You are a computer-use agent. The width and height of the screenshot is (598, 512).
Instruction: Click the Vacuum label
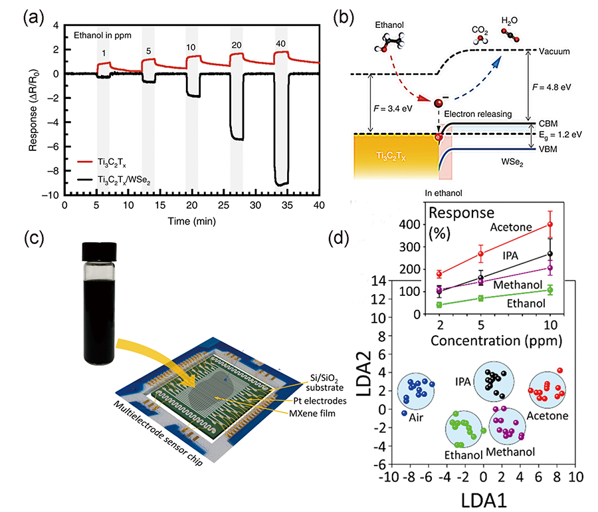(555, 51)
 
